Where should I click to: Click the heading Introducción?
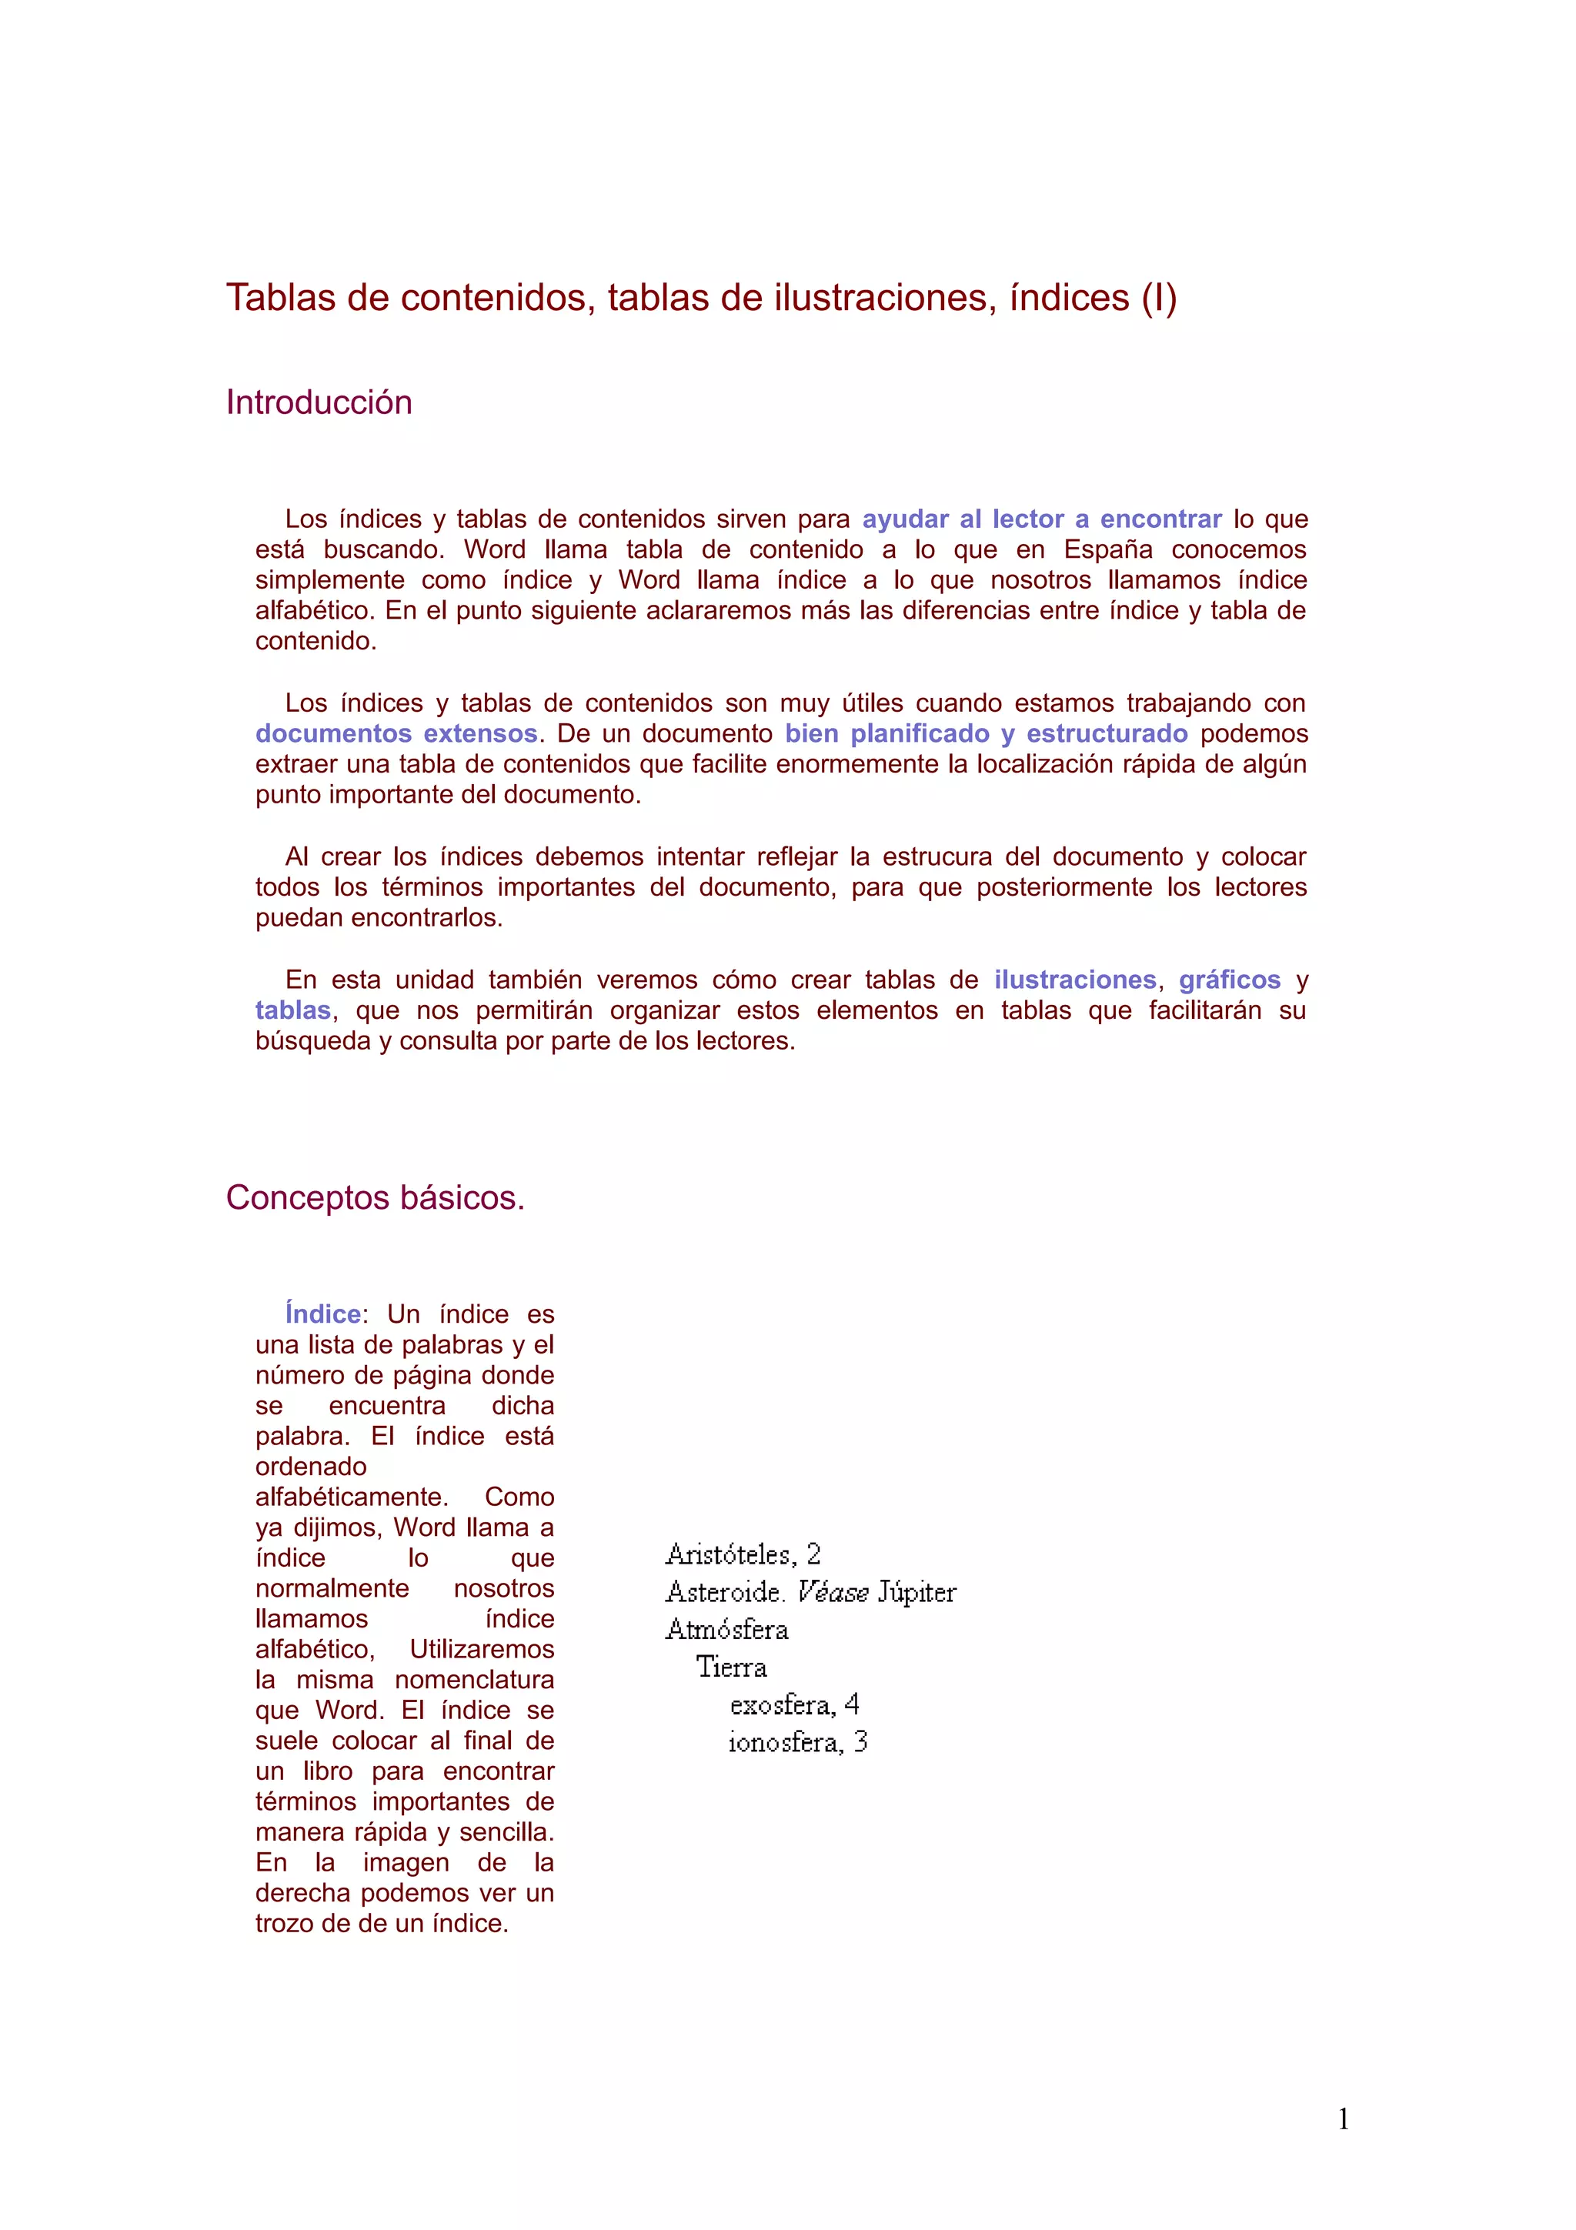coord(319,402)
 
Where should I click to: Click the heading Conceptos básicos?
coord(375,1197)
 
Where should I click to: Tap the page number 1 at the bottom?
coord(1343,2119)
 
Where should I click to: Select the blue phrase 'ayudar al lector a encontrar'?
coord(1041,519)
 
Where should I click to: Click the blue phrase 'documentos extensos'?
coord(396,733)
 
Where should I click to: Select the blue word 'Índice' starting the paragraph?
coord(322,1314)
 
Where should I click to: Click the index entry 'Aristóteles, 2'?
coord(743,1555)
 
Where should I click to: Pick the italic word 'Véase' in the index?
coord(832,1593)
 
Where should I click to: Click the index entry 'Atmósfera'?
coord(726,1630)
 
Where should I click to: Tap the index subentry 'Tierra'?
coord(731,1667)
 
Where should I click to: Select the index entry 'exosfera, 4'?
coord(794,1704)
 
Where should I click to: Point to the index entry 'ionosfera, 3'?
coord(797,1742)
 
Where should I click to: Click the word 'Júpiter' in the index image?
coord(917,1593)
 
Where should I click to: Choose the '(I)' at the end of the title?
coord(1158,298)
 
